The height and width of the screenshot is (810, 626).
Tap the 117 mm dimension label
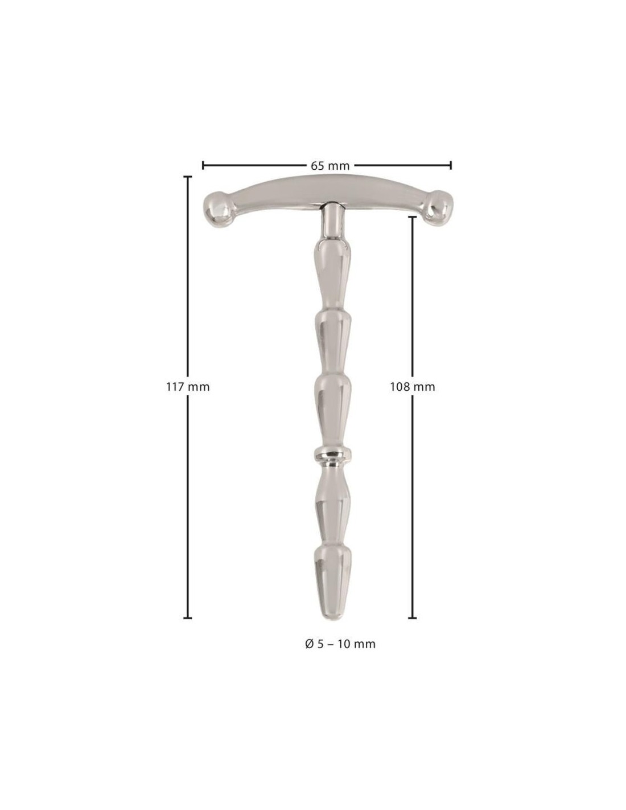click(x=188, y=387)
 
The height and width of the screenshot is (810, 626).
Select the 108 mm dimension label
click(x=412, y=387)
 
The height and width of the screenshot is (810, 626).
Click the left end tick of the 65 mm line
click(x=203, y=165)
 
